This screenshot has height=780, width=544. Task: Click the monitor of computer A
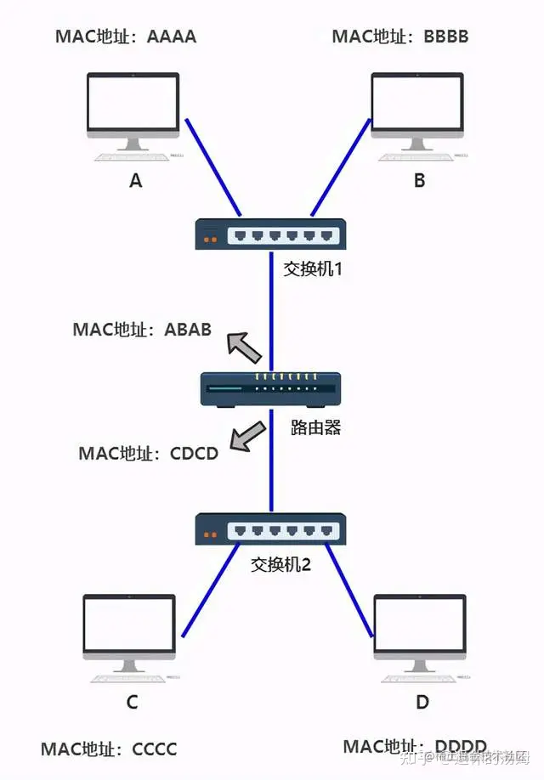(133, 105)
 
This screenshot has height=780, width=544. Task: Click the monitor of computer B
(417, 105)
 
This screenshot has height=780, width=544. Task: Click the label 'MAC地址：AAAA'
(126, 37)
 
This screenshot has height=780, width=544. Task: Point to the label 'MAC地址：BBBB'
(399, 37)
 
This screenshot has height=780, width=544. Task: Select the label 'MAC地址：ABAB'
(142, 329)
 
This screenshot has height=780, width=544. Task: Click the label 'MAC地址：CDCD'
(149, 453)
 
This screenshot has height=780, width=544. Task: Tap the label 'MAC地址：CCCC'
(109, 749)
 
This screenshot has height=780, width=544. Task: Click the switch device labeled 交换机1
(270, 234)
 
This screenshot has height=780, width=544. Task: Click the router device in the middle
(270, 389)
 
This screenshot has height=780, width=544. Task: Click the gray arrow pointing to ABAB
(245, 345)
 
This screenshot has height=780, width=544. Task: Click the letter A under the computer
(135, 180)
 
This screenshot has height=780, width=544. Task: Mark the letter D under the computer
(422, 703)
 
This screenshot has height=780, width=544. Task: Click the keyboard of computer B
(417, 157)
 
